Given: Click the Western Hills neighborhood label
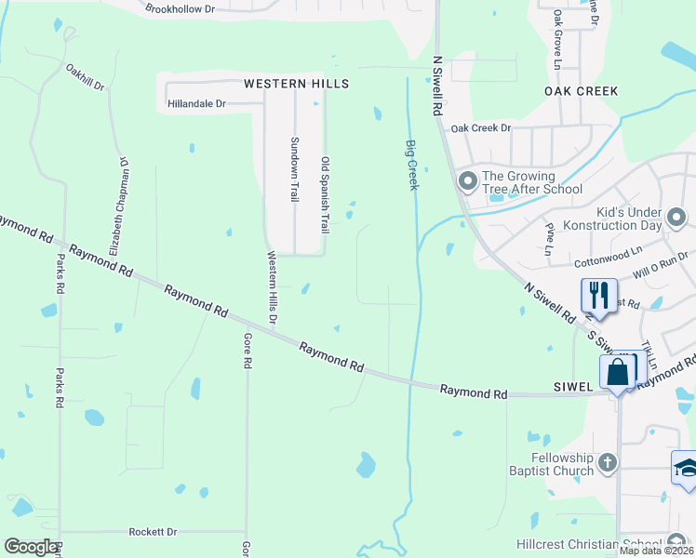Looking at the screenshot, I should click(x=296, y=84).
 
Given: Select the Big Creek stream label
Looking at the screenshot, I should click(x=411, y=166).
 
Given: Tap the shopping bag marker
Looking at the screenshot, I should click(x=619, y=372).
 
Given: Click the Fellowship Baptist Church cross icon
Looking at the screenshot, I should click(x=607, y=462).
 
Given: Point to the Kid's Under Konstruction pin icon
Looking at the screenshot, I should click(x=676, y=219).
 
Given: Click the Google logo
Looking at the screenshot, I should click(x=31, y=547).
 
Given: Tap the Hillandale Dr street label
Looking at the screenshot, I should click(x=196, y=104).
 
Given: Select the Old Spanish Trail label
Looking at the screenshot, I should click(x=326, y=194).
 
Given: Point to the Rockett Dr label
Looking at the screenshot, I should click(x=153, y=532).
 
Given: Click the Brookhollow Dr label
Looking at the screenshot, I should click(x=181, y=8).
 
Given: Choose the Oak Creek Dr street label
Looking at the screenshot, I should click(x=481, y=128).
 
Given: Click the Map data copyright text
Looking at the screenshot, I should click(x=656, y=551).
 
